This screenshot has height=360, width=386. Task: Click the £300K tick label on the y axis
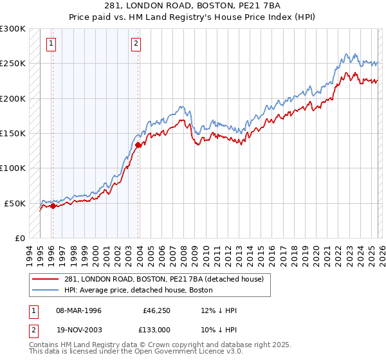point(13,29)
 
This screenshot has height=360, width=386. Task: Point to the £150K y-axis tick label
point(13,133)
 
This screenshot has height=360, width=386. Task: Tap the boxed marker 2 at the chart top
point(136,44)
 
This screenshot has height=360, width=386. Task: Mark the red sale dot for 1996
point(53,206)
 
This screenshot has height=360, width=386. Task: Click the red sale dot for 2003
point(138,145)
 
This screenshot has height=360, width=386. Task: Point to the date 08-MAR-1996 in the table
point(75,311)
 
